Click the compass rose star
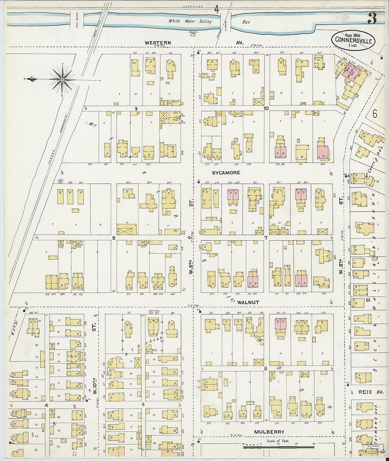point(62,80)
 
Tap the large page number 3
point(372,18)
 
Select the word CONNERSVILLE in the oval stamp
point(354,41)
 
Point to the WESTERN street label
point(158,43)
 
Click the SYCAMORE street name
point(226,173)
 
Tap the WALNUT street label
point(248,302)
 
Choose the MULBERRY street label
point(269,432)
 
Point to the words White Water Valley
point(190,21)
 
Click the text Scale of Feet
point(278,441)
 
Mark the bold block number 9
point(135,108)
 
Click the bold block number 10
point(266,108)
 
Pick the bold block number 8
point(114,238)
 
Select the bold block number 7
point(265,238)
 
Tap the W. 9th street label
point(191,267)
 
